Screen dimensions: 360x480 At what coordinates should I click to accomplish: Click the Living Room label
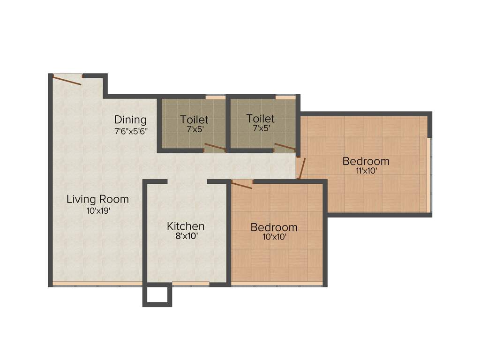pos(97,199)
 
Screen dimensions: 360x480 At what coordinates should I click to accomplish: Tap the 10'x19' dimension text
pos(97,211)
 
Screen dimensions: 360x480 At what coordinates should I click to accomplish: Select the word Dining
pos(130,120)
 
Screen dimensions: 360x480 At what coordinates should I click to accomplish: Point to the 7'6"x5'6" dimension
pos(131,131)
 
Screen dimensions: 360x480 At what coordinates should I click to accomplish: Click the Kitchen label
pos(186,226)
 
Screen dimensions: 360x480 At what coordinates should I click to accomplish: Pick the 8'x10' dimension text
pos(186,237)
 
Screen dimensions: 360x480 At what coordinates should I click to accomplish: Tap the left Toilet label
pos(194,120)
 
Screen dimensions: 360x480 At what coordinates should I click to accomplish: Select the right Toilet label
pos(261,119)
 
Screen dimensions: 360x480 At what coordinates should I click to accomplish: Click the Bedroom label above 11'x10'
pos(366,161)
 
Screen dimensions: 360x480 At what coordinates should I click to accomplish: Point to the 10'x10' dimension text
pos(274,237)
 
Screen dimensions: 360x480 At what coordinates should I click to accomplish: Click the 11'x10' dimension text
pos(366,171)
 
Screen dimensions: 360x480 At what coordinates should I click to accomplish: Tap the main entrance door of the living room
pos(67,80)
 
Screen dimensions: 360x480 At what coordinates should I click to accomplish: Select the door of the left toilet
pos(215,148)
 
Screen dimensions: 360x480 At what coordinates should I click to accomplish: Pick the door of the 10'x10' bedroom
pos(242,185)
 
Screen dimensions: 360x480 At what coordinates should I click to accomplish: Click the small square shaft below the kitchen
pos(157,295)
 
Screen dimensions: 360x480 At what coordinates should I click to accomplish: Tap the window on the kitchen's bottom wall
pos(190,284)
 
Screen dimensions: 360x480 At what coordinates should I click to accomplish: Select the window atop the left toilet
pos(215,97)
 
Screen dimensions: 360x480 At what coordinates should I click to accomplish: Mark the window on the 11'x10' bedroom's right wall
pos(428,174)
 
